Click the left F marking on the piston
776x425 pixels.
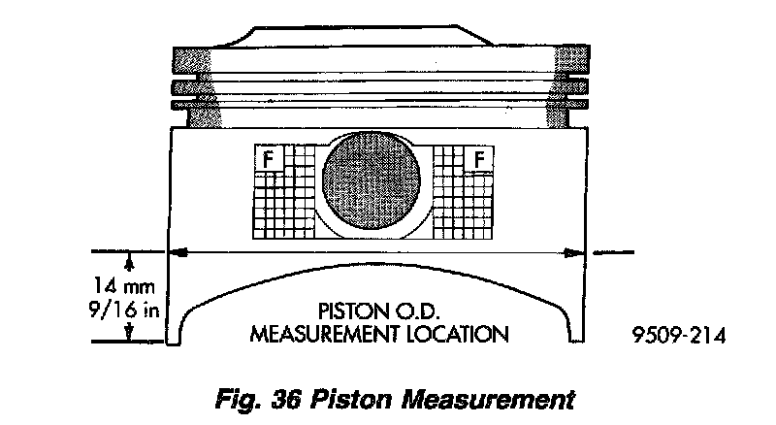pyautogui.click(x=267, y=156)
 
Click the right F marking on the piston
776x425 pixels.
pyautogui.click(x=480, y=156)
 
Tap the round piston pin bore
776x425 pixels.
pyautogui.click(x=372, y=183)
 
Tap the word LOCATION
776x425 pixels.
pyautogui.click(x=460, y=335)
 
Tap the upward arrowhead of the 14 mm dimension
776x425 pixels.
pyautogui.click(x=128, y=258)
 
